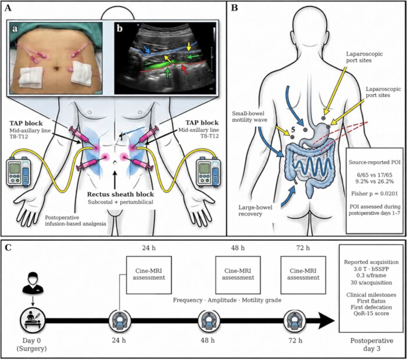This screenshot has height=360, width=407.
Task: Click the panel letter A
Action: pos(8,8)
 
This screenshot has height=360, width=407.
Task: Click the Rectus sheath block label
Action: pos(120,194)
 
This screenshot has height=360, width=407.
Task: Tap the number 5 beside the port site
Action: pos(292,129)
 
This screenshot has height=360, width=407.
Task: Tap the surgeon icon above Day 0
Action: pos(33,281)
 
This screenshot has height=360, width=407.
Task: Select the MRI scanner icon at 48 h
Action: pos(209,320)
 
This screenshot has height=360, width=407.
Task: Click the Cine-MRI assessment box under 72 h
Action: pos(303,275)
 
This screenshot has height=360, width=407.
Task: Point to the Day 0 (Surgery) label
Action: pos(31,344)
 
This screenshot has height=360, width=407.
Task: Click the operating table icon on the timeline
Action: pos(33,320)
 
